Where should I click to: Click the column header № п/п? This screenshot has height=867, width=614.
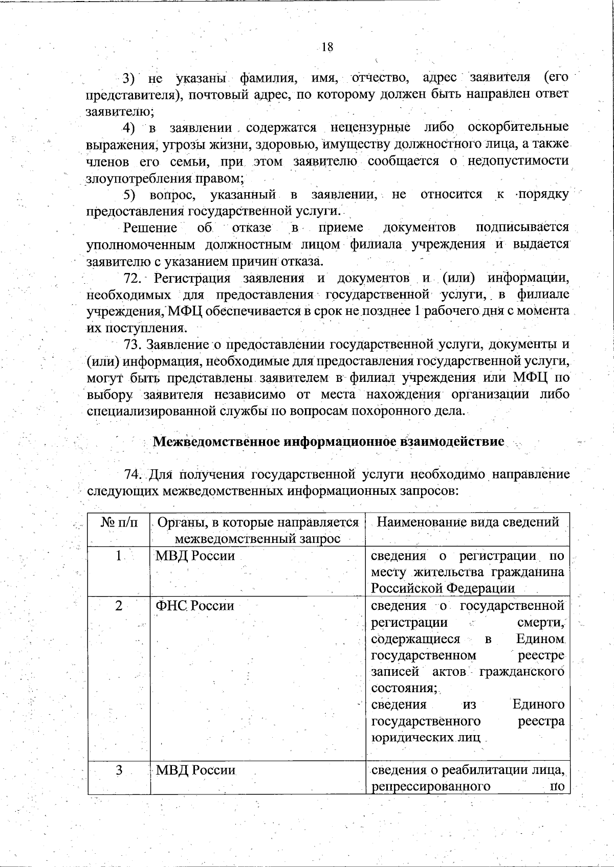(119, 522)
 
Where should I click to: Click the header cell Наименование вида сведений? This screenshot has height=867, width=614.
(468, 522)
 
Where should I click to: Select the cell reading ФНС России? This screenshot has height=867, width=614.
(194, 606)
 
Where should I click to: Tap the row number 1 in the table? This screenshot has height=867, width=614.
(119, 556)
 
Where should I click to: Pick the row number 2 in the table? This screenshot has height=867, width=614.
(119, 606)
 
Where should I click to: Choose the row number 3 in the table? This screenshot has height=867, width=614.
(119, 770)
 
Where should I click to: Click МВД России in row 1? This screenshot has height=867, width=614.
(195, 556)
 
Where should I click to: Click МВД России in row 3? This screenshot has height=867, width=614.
(195, 770)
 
